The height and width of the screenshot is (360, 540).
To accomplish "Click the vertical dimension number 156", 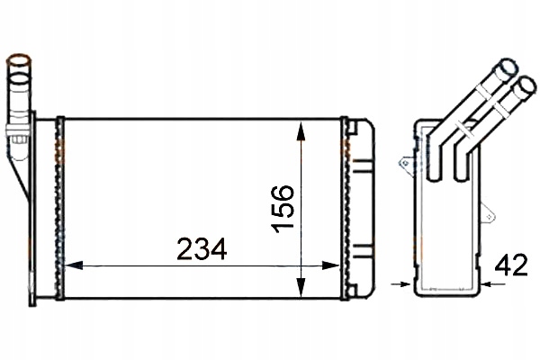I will pos(281,208).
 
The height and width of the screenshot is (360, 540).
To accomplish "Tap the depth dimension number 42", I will pos(511,265).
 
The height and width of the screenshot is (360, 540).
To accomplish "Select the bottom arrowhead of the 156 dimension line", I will pos(301,290).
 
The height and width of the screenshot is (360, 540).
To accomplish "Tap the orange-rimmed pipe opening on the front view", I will pos(19,65).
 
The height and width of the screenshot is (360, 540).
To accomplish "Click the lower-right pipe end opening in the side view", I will pos(521,86).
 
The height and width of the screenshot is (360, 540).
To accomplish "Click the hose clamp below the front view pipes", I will pos(15,137).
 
